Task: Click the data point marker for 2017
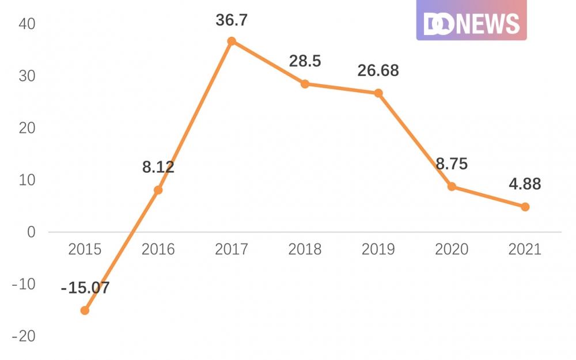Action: [x=232, y=41]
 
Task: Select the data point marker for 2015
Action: [x=85, y=310]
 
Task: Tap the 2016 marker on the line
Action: [x=158, y=190]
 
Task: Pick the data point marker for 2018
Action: [x=305, y=84]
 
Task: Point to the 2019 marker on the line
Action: [x=378, y=93]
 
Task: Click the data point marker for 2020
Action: [x=452, y=187]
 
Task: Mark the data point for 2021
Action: [x=525, y=207]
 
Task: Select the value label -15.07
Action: [x=85, y=287]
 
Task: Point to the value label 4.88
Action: [x=525, y=184]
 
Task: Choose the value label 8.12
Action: [x=158, y=168]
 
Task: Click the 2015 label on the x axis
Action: [x=85, y=249]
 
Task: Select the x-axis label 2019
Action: [x=378, y=249]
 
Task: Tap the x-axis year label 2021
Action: [x=525, y=249]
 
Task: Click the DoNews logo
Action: [x=471, y=21]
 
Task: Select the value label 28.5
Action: [x=305, y=61]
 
